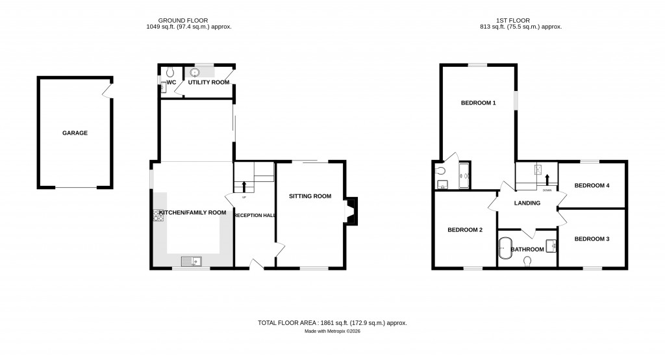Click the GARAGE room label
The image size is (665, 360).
[x=75, y=133]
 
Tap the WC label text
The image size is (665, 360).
[x=171, y=83]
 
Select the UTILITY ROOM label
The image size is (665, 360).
[x=208, y=83]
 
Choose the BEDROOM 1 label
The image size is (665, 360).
[x=479, y=103]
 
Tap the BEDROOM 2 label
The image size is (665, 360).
[x=465, y=229]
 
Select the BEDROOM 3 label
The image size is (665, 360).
[x=592, y=238]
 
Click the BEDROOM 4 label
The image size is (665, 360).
[x=592, y=185]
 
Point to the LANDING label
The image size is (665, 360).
[x=527, y=203]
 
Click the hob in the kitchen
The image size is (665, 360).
[x=158, y=215]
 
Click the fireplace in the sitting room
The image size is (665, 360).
[x=351, y=211]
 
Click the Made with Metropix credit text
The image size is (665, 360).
[x=332, y=331]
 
